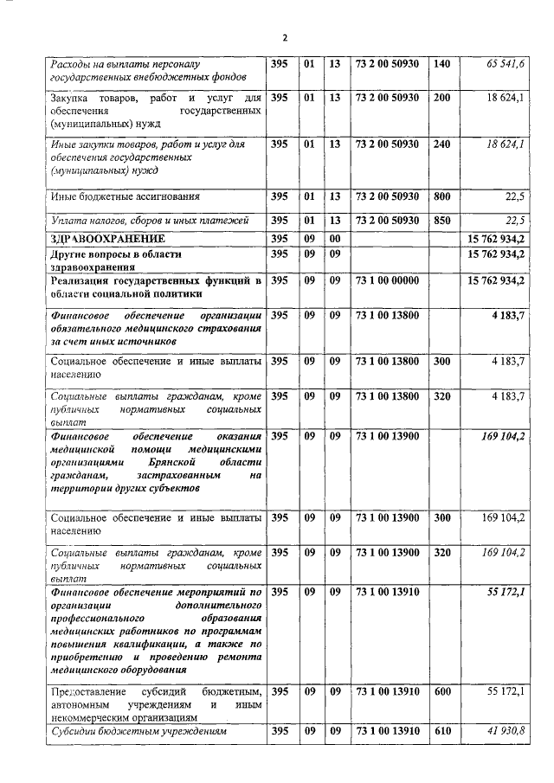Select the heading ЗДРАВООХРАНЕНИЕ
point(107,238)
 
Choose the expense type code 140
point(442,64)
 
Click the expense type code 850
point(442,220)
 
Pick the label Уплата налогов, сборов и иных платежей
point(138,221)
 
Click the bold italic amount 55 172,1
point(506,593)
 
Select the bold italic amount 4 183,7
point(507,316)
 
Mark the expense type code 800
point(442,197)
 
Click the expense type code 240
point(442,144)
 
